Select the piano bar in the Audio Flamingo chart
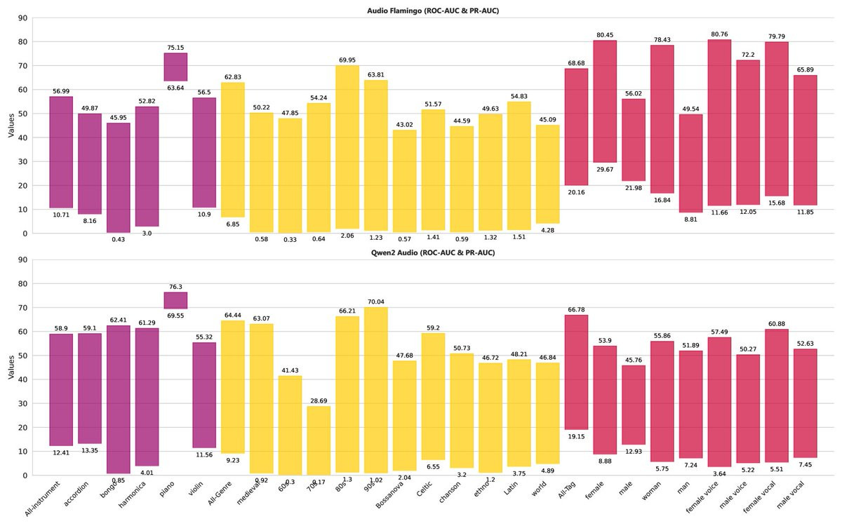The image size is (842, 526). pyautogui.click(x=175, y=67)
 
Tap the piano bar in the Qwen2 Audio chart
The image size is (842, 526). pyautogui.click(x=175, y=300)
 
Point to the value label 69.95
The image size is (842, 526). pyautogui.click(x=347, y=60)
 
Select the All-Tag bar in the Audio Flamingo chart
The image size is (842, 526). pyautogui.click(x=577, y=127)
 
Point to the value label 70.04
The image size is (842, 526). pyautogui.click(x=376, y=302)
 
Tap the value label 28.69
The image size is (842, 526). pyautogui.click(x=319, y=400)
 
